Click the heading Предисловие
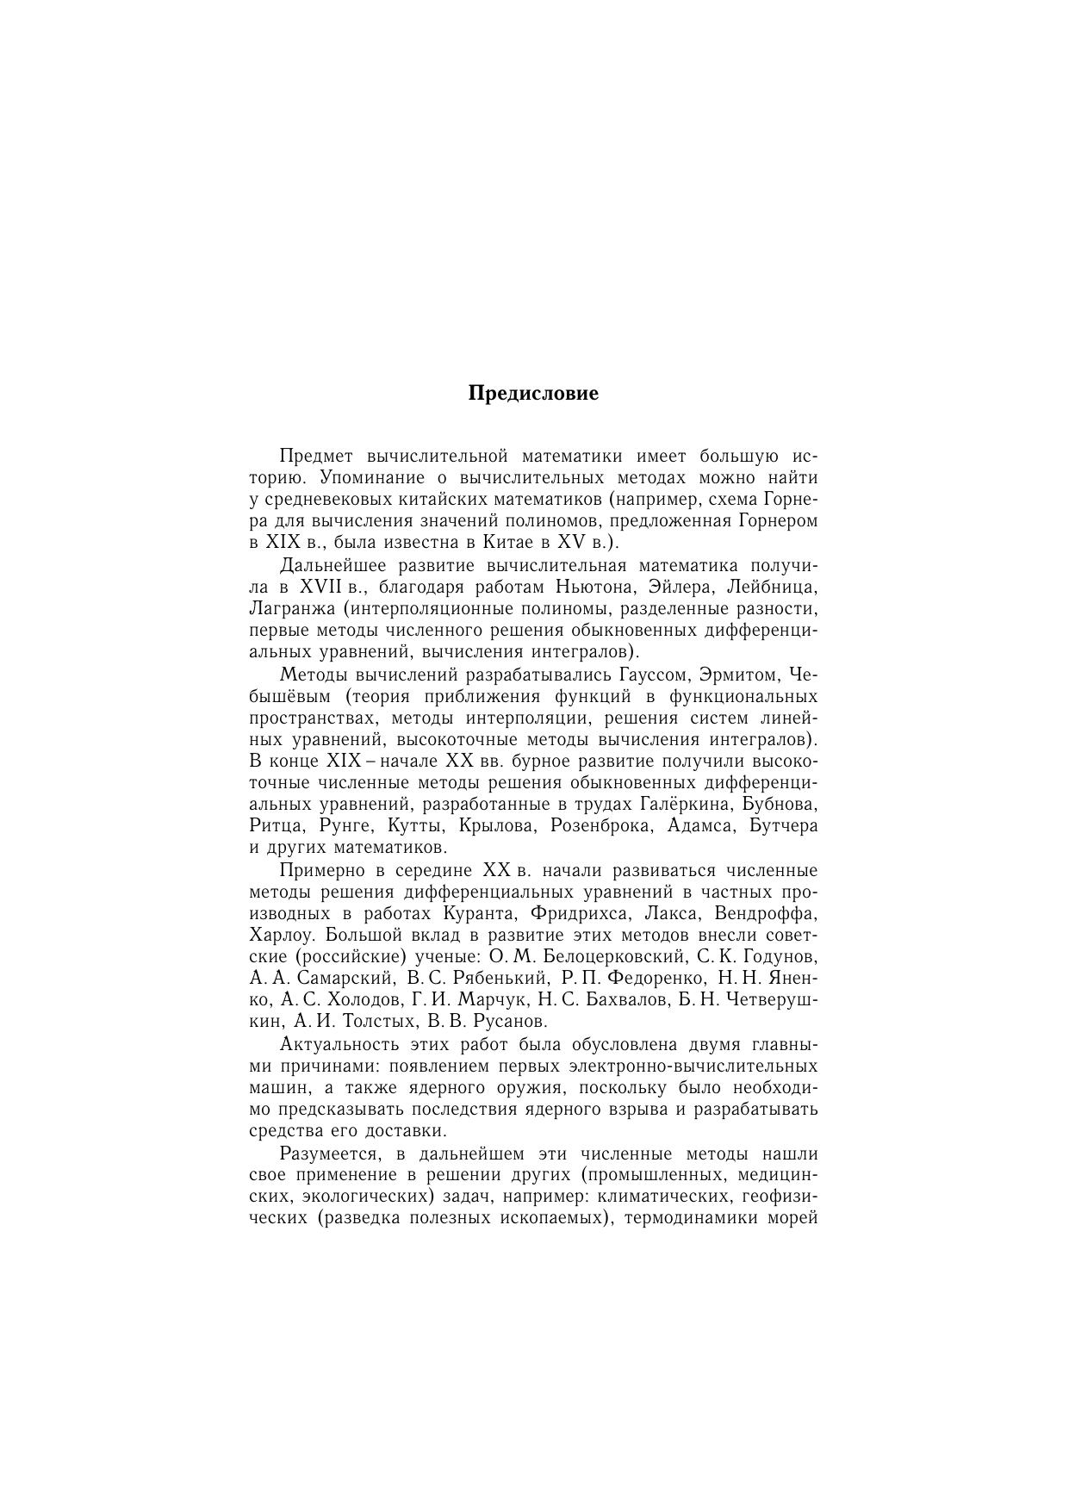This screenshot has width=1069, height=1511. (533, 394)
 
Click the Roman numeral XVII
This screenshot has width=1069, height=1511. (322, 588)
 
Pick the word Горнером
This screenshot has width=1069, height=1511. (778, 521)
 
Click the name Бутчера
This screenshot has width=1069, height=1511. (784, 826)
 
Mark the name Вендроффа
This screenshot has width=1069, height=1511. (771, 913)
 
